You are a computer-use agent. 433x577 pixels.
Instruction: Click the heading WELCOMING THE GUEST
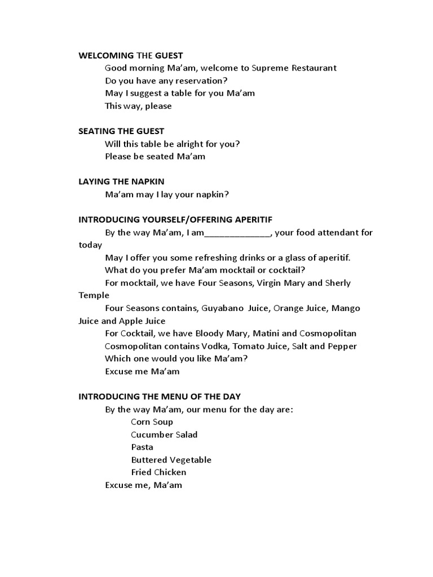click(x=130, y=55)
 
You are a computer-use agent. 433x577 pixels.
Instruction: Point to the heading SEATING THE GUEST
click(x=121, y=131)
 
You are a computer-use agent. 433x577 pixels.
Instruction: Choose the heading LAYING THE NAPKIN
click(x=121, y=181)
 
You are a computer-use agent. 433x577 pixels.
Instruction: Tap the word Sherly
click(x=338, y=283)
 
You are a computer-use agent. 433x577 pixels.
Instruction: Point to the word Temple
click(x=94, y=295)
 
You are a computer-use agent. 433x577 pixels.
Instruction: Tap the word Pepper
click(x=342, y=346)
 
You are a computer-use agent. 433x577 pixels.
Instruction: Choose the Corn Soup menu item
click(x=152, y=422)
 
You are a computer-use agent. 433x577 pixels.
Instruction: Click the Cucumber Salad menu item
click(x=164, y=434)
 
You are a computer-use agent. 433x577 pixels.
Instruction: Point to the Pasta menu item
click(x=142, y=447)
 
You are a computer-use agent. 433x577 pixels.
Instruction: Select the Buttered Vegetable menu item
click(x=171, y=460)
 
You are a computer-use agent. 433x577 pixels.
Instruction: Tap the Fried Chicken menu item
click(x=158, y=472)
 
